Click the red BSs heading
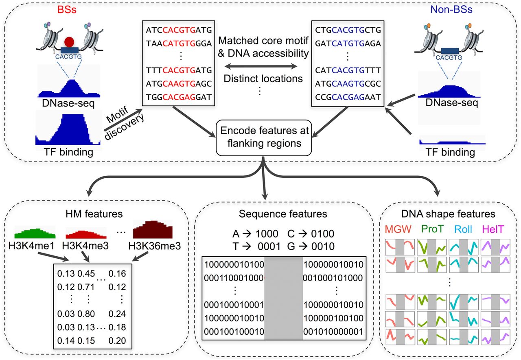point(67,9)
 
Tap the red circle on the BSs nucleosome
point(69,42)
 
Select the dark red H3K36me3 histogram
point(154,229)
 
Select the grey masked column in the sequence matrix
point(284,299)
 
